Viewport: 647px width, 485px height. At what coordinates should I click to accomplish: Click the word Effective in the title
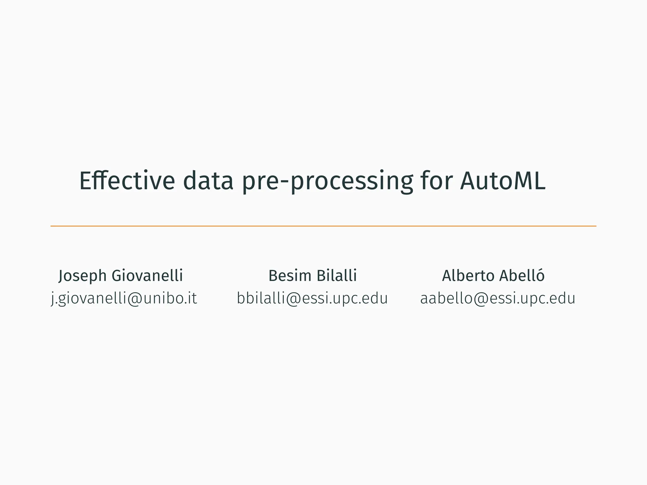[127, 181]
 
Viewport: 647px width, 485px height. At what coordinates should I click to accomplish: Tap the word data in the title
[208, 181]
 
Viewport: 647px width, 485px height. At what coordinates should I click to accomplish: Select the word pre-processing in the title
[327, 182]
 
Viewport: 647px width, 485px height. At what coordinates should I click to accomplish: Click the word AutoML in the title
[502, 181]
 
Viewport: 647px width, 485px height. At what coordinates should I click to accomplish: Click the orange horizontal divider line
[323, 226]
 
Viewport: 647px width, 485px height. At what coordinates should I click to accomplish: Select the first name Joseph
[82, 276]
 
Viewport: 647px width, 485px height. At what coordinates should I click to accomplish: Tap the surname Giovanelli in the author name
[147, 275]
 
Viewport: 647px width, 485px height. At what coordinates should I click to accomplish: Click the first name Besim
[290, 275]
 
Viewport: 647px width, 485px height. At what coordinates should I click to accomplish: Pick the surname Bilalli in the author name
[336, 275]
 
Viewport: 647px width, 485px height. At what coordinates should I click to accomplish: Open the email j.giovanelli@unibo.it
[124, 298]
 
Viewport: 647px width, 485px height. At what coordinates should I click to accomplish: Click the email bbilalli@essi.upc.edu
[312, 298]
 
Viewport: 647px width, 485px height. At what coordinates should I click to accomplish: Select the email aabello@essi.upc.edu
[498, 298]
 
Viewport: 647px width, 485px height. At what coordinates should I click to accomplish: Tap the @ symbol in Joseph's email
[135, 299]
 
